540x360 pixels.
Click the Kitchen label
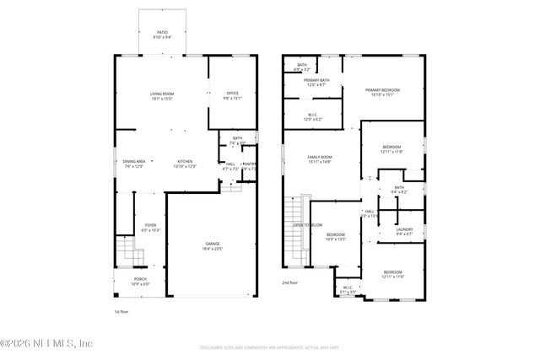(x=185, y=163)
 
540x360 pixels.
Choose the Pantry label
(x=250, y=165)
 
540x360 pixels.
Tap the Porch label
(x=140, y=281)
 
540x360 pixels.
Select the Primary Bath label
(x=317, y=82)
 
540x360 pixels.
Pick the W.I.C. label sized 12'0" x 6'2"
(x=312, y=117)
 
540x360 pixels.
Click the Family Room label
(x=319, y=159)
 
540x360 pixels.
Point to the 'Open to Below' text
(x=307, y=225)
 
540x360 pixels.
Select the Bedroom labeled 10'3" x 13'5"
(x=336, y=236)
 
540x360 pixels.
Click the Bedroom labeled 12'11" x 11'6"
(x=392, y=273)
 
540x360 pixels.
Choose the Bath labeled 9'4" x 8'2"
(x=398, y=190)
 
